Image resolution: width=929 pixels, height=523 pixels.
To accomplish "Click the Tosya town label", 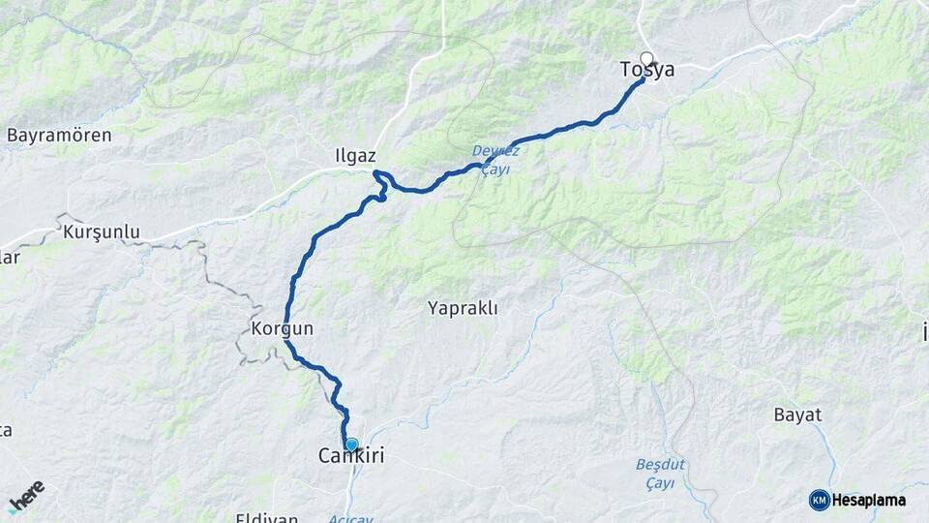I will (x=647, y=71).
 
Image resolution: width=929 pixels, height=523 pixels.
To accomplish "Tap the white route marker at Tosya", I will (x=646, y=58).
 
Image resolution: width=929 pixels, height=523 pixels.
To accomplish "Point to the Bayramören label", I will (x=59, y=136).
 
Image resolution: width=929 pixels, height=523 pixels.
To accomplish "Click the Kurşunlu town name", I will (x=102, y=232).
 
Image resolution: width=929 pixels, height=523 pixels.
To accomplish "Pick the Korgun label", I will (x=282, y=329).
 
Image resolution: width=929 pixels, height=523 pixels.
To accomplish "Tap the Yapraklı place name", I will (x=463, y=309).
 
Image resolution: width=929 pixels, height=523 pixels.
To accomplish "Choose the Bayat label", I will (x=797, y=415).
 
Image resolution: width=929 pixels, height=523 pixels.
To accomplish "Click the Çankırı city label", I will (x=351, y=456).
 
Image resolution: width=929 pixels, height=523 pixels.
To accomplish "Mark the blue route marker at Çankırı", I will (x=351, y=445).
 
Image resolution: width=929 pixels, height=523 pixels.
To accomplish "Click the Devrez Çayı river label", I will (x=496, y=160).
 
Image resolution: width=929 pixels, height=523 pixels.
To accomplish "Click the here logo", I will (x=26, y=495).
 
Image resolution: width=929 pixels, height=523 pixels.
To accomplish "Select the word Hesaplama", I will (x=869, y=500).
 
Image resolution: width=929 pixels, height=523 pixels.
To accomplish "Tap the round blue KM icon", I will (x=819, y=500).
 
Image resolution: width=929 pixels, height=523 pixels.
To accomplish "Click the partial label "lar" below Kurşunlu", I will (x=9, y=257).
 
